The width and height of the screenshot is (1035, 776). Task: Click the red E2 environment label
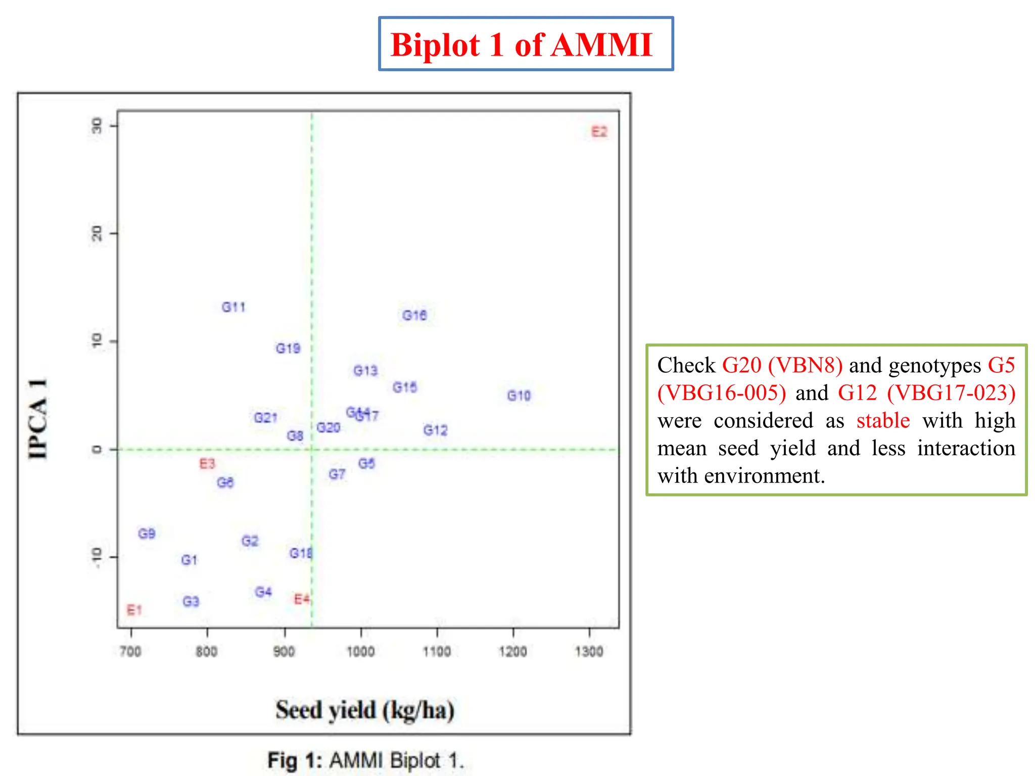(599, 132)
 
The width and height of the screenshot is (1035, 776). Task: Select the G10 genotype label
(519, 396)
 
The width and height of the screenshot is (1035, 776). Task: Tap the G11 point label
(233, 307)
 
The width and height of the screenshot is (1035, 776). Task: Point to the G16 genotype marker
(414, 315)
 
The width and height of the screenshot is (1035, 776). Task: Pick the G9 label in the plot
(147, 533)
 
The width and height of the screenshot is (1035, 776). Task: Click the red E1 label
(134, 610)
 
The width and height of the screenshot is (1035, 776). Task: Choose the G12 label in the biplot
(435, 430)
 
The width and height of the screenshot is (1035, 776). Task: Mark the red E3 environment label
(207, 464)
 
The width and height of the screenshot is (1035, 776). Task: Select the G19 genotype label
(288, 349)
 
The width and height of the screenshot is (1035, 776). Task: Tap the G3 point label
(191, 602)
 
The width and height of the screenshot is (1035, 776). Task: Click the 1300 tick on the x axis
(589, 652)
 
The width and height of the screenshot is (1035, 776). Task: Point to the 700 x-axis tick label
(130, 652)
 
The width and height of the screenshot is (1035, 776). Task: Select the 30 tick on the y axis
(97, 126)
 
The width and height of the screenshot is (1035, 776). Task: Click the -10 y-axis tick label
(97, 557)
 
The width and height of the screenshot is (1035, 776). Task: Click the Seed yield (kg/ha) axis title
(365, 710)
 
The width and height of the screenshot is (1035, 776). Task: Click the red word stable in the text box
(883, 420)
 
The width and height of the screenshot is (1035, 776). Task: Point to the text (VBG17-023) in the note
(951, 393)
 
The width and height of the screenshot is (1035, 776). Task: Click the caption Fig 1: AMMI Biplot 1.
(365, 760)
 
